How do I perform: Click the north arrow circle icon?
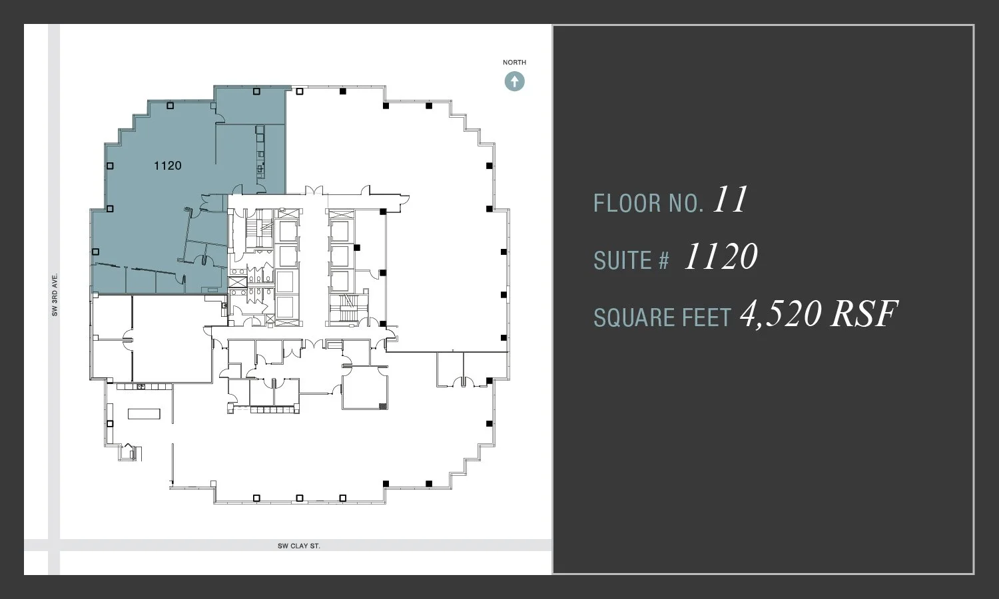514,81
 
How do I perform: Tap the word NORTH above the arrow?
514,63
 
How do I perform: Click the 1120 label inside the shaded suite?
167,166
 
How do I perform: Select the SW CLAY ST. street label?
299,546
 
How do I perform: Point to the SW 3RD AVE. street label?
55,294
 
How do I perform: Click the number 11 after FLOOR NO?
731,200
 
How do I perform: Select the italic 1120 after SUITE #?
721,257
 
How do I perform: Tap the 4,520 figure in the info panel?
781,314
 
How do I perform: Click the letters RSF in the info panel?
864,314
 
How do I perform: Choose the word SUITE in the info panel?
621,260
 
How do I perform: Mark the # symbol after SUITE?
663,260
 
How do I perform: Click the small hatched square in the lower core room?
382,405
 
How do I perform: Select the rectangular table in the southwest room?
145,413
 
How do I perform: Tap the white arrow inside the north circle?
514,81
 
